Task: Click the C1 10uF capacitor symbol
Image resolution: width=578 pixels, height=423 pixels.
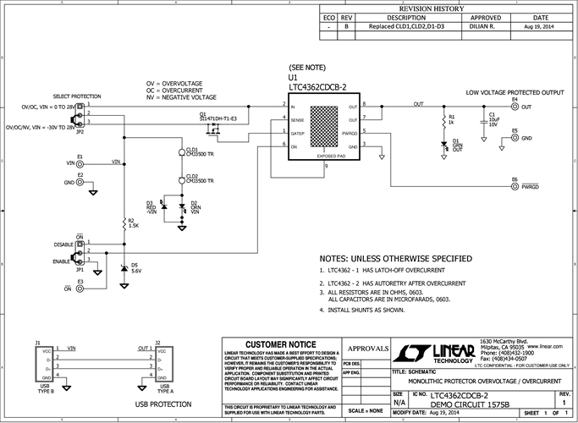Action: coord(482,120)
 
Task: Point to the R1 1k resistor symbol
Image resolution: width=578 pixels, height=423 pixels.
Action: coord(442,120)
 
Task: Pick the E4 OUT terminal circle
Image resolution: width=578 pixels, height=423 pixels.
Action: coord(514,107)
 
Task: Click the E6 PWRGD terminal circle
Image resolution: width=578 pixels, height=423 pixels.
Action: coord(514,185)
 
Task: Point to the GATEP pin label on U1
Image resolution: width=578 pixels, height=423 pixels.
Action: coord(297,134)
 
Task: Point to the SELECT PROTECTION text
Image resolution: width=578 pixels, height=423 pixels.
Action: coord(77,96)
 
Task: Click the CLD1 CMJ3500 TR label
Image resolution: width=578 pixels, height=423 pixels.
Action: coord(197,152)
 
